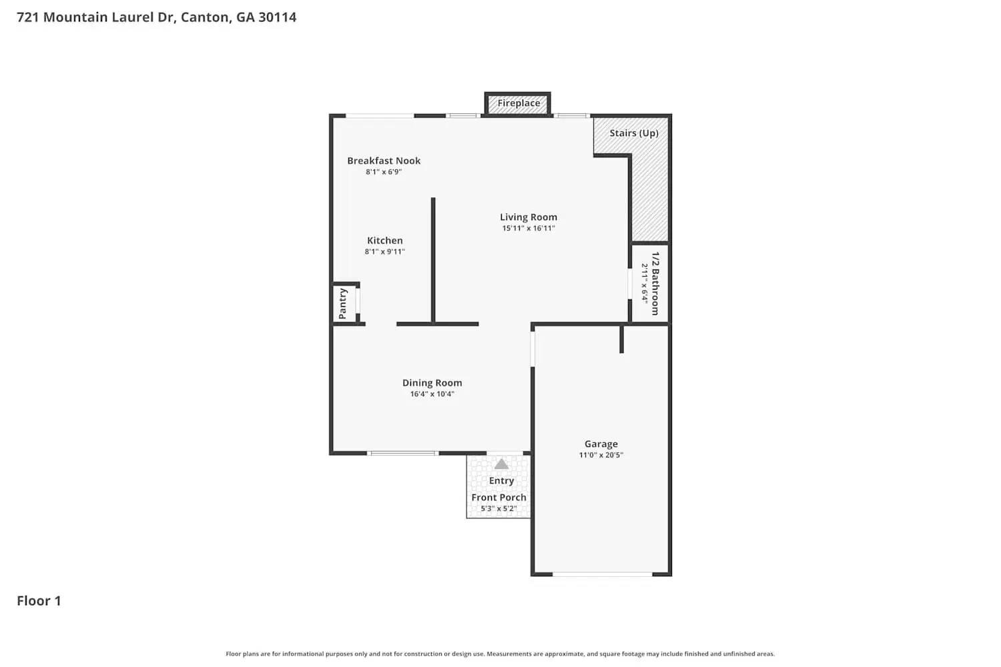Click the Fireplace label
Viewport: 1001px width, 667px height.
[519, 103]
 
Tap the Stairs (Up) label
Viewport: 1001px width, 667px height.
[633, 133]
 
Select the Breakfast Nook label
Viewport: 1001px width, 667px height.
[384, 161]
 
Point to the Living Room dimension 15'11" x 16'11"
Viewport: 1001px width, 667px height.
[529, 228]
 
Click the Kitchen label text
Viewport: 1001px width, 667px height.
[385, 241]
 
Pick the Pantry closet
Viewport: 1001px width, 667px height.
[344, 303]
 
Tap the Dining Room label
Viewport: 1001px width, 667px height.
[432, 383]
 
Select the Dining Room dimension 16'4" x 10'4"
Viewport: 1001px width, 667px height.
[432, 394]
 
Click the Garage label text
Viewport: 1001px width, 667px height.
[601, 444]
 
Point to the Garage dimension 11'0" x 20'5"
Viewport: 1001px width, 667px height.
[601, 456]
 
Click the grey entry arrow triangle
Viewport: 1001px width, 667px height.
[501, 464]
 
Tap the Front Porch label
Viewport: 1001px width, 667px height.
[498, 498]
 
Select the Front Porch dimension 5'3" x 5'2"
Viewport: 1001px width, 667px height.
[498, 509]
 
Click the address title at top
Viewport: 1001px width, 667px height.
[156, 17]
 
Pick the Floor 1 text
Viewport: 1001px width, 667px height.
[39, 601]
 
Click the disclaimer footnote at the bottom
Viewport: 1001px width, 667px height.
[500, 654]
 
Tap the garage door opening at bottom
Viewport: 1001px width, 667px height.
[602, 574]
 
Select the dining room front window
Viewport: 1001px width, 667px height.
[403, 454]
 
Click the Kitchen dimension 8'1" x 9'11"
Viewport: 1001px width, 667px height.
[384, 252]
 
